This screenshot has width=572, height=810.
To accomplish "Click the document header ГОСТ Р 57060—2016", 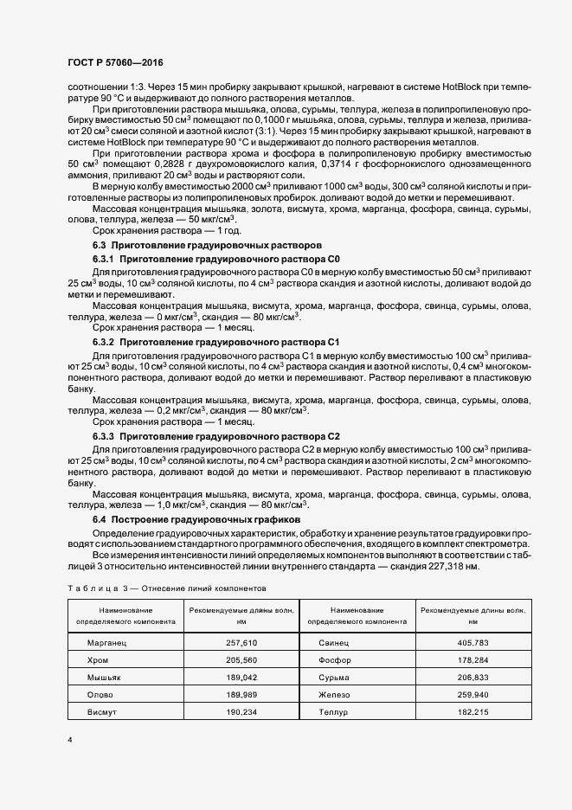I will (114, 63).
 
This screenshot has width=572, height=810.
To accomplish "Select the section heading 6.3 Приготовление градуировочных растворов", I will (207, 246).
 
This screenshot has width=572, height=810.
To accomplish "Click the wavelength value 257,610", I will (241, 644).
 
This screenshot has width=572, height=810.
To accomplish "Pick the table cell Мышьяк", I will (105, 677).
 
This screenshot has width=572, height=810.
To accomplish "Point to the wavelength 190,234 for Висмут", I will (241, 710).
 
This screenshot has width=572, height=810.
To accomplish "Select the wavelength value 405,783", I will (472, 644).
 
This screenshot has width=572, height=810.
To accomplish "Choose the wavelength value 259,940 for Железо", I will (472, 694).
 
